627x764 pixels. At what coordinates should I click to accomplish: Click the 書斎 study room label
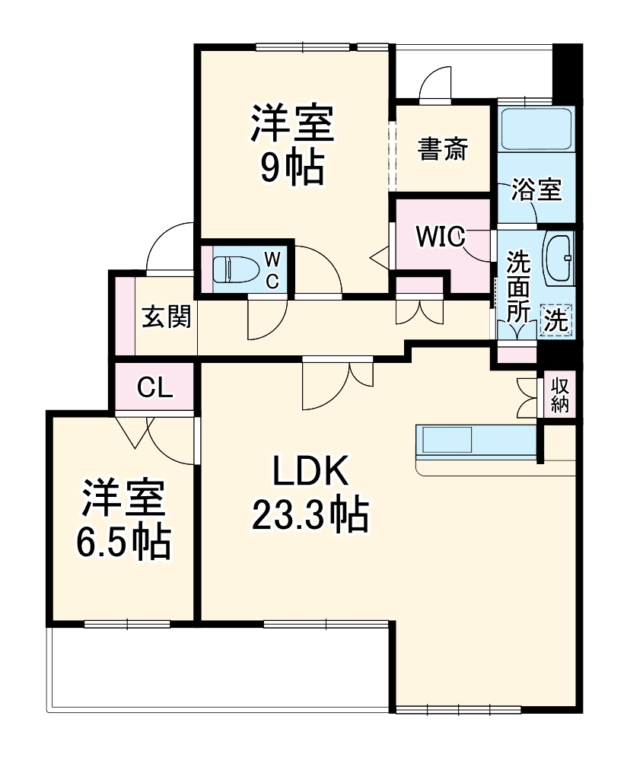pos(442,150)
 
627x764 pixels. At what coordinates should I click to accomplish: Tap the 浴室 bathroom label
pos(536,189)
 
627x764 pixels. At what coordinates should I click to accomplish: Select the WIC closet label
pos(440,237)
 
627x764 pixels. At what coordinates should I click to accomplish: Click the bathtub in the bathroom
pos(536,129)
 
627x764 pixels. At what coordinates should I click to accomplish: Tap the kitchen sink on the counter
pos(447,441)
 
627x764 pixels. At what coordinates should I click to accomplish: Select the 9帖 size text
pos(293,169)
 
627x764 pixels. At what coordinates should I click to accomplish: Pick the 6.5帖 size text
pos(123,542)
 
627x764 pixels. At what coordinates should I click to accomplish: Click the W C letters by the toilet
pos(272,270)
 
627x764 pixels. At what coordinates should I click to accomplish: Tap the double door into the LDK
pos(338,380)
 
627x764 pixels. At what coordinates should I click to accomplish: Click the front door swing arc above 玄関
pos(171,247)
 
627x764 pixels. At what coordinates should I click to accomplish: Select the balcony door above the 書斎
pos(435,85)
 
